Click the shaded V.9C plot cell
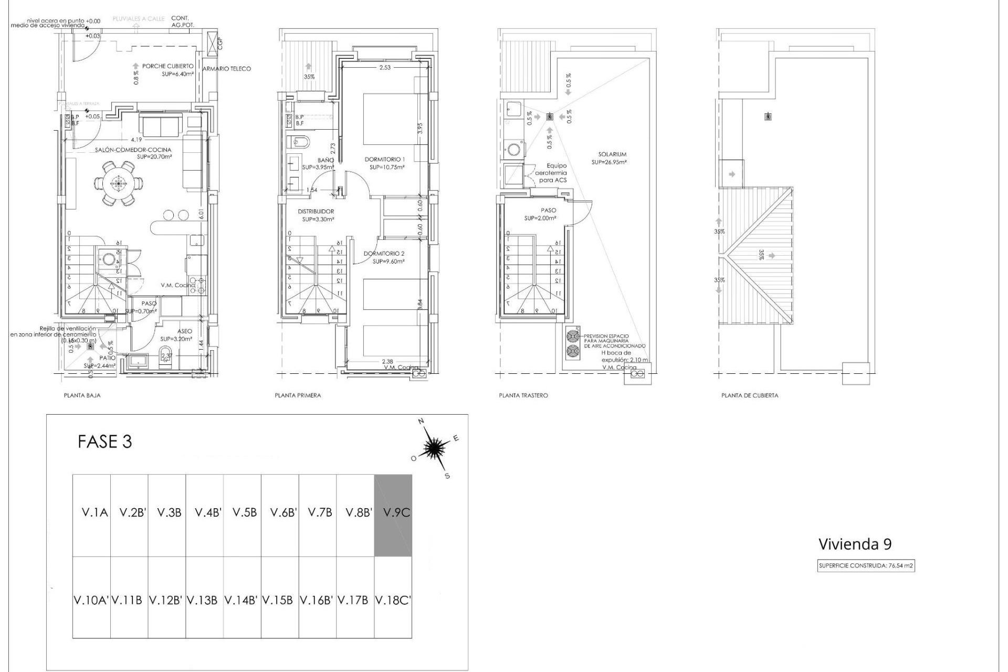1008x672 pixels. (393, 515)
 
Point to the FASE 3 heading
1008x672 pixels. (104, 442)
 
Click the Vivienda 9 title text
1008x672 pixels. (855, 544)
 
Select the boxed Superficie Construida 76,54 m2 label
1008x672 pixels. (866, 566)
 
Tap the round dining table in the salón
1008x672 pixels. (119, 183)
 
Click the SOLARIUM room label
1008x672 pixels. (612, 154)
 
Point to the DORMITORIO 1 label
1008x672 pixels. (385, 159)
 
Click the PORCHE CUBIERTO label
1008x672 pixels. (167, 67)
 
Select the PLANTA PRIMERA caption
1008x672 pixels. (298, 395)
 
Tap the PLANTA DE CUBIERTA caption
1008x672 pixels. (750, 395)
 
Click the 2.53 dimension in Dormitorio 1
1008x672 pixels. (385, 67)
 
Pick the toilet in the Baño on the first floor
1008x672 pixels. (299, 142)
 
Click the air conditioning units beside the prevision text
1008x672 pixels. (573, 344)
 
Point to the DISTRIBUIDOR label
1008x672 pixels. (316, 212)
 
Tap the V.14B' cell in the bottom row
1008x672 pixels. (241, 600)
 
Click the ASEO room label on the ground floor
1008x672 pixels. (184, 331)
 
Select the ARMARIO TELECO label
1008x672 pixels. (227, 69)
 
